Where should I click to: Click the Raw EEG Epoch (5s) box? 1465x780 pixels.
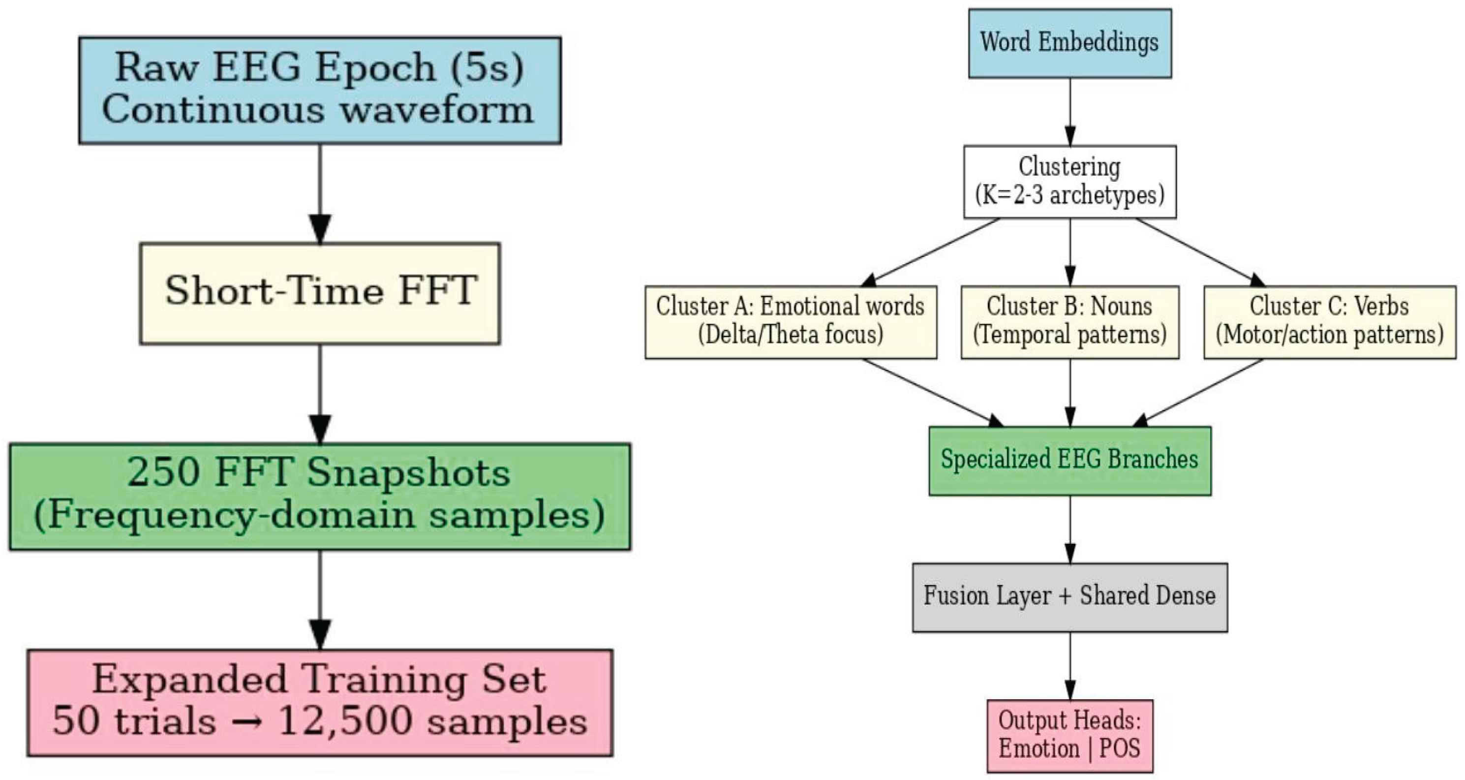click(320, 90)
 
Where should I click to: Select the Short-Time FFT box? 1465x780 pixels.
click(320, 293)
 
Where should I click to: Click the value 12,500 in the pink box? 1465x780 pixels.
click(346, 721)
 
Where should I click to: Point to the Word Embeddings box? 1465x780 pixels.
click(1070, 43)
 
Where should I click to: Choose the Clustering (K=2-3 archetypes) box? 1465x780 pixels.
click(1070, 182)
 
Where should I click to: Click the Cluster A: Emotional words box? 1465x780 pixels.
click(791, 322)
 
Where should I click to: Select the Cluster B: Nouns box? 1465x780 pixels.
click(1070, 322)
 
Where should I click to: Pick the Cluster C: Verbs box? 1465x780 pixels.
click(1330, 322)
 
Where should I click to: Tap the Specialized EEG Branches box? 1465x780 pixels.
click(1070, 460)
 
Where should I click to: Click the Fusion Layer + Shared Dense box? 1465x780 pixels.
click(1070, 597)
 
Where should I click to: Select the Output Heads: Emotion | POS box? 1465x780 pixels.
click(1070, 736)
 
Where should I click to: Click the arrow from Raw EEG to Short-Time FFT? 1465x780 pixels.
click(320, 193)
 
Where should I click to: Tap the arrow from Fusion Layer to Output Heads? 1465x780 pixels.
click(1070, 666)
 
